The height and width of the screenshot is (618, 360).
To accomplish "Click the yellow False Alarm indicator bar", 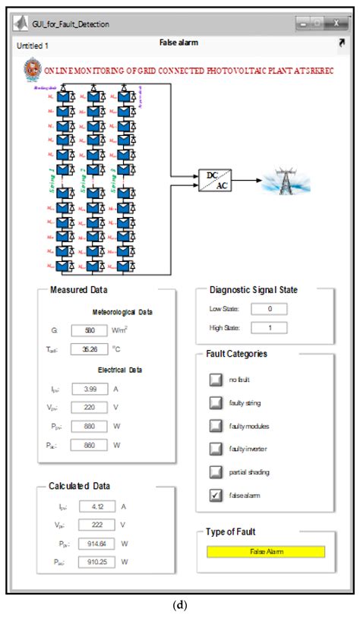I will (266, 551).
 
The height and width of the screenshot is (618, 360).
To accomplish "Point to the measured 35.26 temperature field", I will (90, 349).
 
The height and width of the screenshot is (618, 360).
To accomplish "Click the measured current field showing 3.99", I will (90, 389).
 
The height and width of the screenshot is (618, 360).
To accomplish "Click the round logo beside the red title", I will (33, 68).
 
